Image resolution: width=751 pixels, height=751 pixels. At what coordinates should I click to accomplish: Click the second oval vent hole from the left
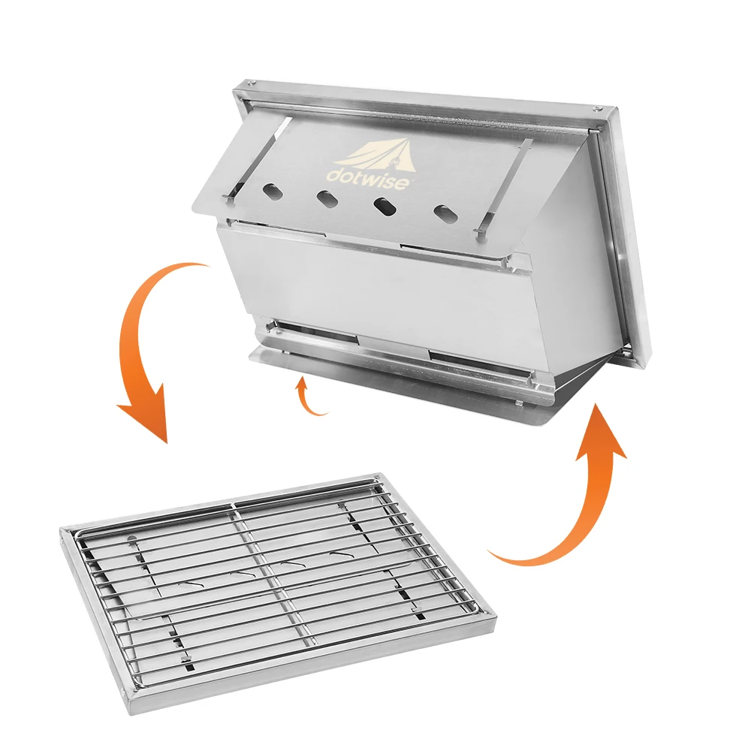(326, 198)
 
